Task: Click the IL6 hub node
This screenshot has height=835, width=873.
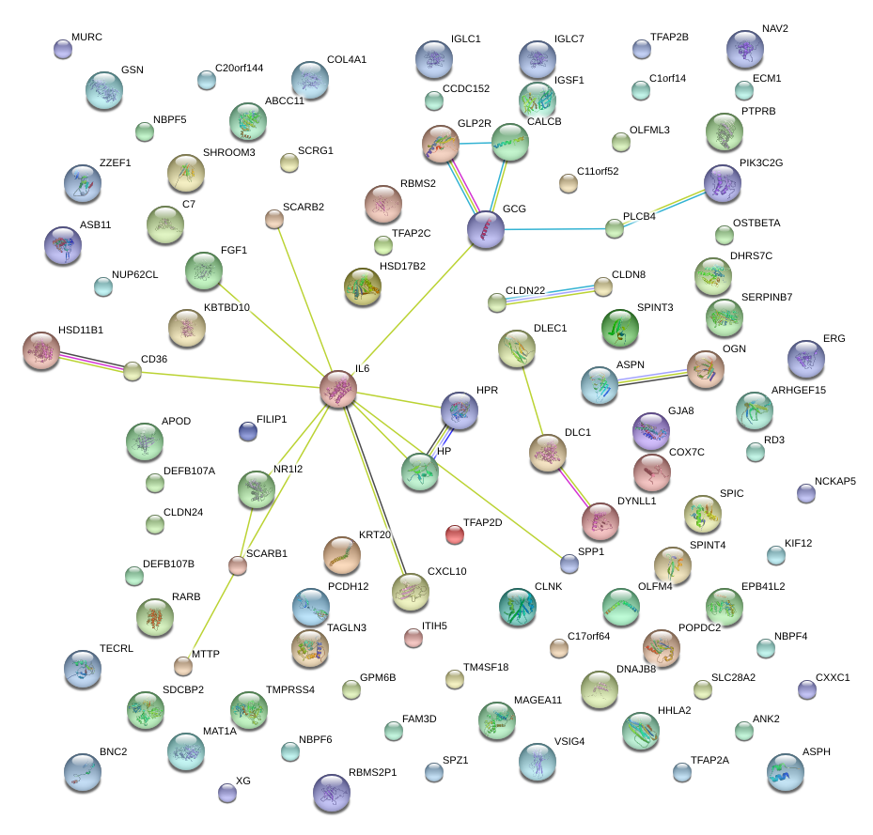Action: click(337, 389)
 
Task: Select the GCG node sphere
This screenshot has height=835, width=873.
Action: click(486, 229)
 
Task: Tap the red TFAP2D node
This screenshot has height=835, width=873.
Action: click(455, 535)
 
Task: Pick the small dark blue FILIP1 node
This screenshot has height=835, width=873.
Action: click(247, 431)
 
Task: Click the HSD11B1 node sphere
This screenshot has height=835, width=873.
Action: click(40, 351)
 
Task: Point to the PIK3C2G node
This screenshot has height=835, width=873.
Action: click(722, 183)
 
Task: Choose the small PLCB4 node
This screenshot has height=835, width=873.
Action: click(615, 227)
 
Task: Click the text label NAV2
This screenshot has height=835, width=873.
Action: click(775, 29)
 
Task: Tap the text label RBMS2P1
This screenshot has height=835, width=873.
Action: click(373, 773)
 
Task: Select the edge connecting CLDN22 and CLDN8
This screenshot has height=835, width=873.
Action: click(550, 294)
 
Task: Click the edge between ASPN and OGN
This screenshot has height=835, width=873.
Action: click(650, 377)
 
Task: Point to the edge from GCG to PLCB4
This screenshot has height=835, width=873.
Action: click(554, 228)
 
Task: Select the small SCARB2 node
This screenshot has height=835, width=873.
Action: click(273, 220)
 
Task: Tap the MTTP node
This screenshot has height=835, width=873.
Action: click(183, 667)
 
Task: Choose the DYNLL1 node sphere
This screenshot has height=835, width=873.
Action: click(600, 522)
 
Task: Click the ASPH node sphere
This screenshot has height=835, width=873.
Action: click(785, 771)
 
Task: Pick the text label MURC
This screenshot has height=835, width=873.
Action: click(86, 37)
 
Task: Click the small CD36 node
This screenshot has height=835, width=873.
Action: click(133, 371)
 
